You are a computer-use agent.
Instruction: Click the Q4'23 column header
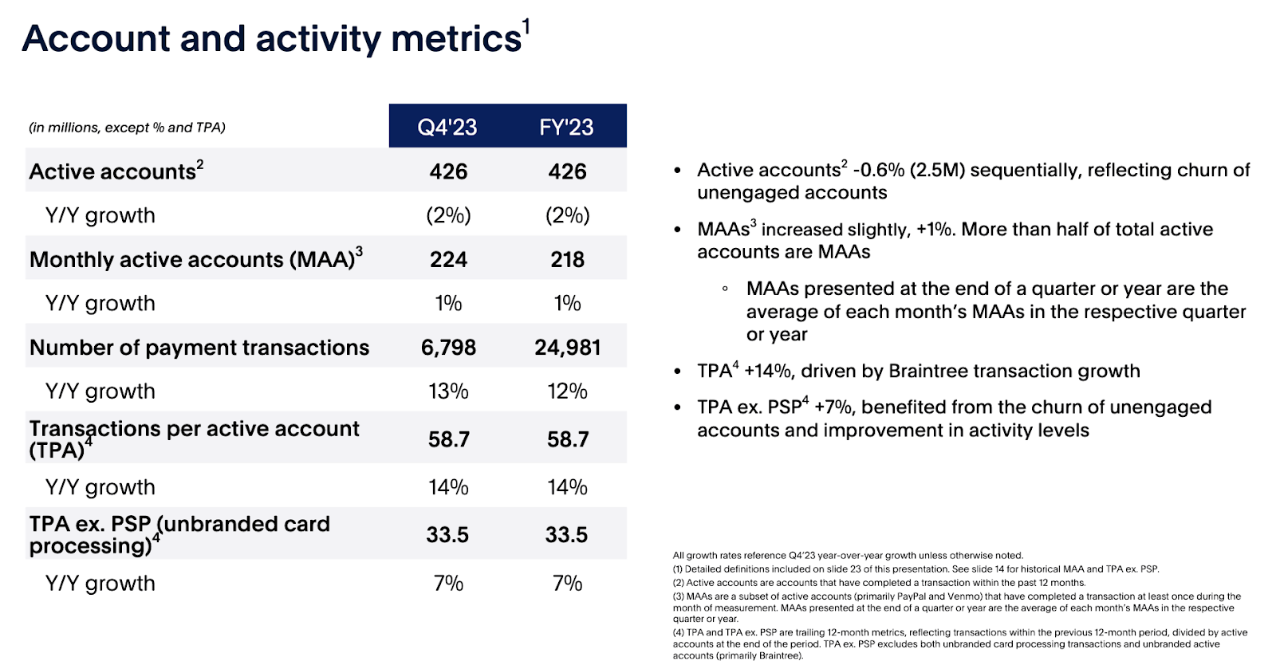[x=447, y=127]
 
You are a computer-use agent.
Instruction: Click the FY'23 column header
[x=566, y=127]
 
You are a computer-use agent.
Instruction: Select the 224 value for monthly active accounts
[x=448, y=259]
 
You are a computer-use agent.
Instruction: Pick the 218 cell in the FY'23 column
[x=567, y=259]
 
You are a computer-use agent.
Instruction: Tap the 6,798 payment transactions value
[x=448, y=348]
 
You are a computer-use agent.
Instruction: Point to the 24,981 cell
[x=567, y=348]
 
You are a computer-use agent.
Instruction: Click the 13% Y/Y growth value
[x=448, y=392]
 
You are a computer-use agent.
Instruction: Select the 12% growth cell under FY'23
[x=567, y=392]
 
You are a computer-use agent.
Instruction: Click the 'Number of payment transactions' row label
[x=199, y=348]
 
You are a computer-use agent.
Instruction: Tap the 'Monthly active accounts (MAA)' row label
[x=192, y=260]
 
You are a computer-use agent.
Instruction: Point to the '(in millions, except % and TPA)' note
[x=127, y=128]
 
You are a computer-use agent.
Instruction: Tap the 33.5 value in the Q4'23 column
[x=447, y=535]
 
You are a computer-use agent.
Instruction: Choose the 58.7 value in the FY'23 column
[x=567, y=439]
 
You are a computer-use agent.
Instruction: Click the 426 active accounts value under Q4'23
[x=448, y=171]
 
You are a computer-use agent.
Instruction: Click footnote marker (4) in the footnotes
[x=678, y=633]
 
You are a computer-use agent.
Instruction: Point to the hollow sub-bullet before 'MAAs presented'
[x=725, y=289]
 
